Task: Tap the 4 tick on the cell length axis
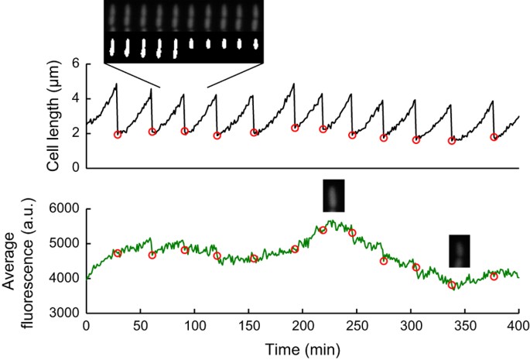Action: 76,98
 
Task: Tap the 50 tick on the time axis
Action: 140,325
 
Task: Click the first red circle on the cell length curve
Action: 118,135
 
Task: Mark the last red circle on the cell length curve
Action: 494,137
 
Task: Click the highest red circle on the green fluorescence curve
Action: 323,230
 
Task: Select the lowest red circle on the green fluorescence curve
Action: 453,286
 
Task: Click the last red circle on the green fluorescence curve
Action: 494,276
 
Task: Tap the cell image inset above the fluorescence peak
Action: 334,195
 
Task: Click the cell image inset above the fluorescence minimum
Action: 460,251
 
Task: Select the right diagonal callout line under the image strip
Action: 237,75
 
